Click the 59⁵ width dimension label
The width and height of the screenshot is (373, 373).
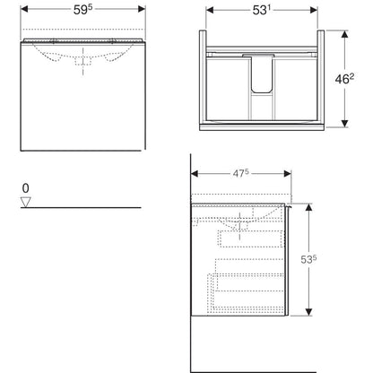(82, 10)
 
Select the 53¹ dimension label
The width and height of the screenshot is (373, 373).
(262, 11)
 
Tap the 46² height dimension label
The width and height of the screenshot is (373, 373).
(344, 79)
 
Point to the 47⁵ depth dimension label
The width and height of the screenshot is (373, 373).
(241, 173)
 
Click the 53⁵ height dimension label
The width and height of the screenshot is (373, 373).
(308, 259)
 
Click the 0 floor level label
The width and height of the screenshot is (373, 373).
(26, 188)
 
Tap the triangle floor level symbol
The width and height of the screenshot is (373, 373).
(26, 202)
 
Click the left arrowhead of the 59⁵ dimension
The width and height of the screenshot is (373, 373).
(24, 9)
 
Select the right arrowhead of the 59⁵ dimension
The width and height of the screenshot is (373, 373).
(142, 9)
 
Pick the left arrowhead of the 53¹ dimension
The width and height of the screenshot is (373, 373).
(210, 10)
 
